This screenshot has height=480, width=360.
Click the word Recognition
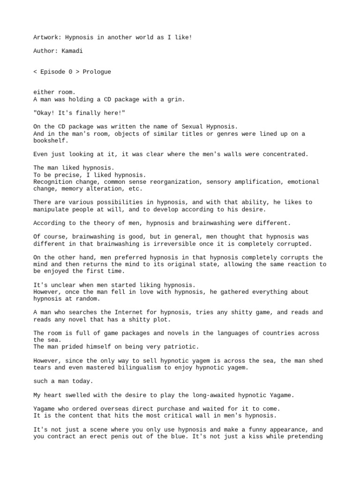tap(53, 182)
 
